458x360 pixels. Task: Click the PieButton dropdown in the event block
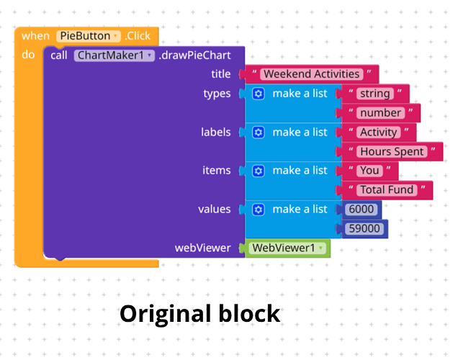(89, 36)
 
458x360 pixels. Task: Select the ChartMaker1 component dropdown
(114, 55)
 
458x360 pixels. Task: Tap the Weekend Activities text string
(312, 74)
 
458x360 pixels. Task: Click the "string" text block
(375, 94)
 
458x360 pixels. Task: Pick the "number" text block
(381, 113)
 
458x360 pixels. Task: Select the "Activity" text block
(379, 132)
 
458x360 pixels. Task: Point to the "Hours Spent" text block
(392, 151)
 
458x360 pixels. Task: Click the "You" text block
(369, 171)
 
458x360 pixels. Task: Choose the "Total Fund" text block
(387, 190)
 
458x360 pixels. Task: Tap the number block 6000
(362, 210)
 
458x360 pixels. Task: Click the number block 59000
(364, 229)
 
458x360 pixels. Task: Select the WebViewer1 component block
(288, 248)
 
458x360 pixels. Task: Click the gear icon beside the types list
(259, 94)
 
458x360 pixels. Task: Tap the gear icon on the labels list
(259, 132)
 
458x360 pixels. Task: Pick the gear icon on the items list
(259, 171)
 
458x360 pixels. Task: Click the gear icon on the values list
(259, 210)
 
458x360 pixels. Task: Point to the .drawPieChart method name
(195, 55)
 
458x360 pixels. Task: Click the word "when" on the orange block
(35, 36)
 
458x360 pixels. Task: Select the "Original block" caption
(200, 314)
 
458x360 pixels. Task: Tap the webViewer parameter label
(202, 248)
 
